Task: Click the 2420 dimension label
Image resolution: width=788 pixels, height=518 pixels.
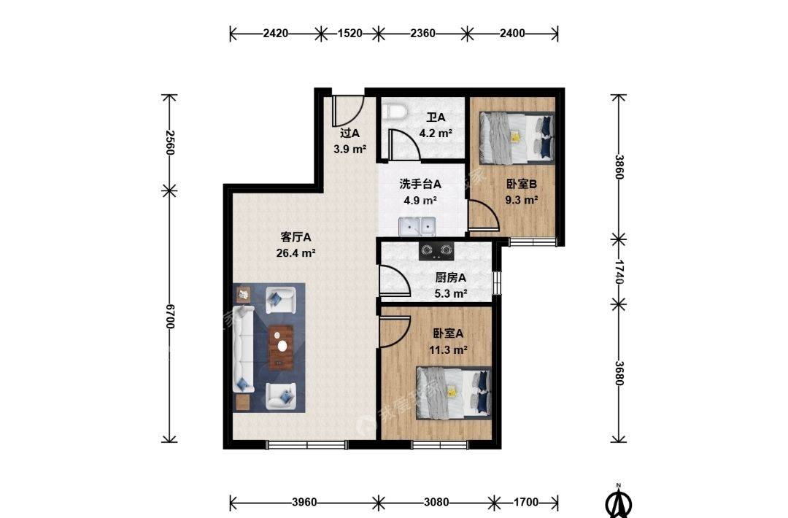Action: [x=275, y=34]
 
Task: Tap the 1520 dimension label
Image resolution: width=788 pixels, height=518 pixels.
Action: [x=349, y=34]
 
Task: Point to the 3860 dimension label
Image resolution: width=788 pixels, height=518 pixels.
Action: [x=619, y=167]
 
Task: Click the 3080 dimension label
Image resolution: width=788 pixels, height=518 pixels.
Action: [x=436, y=502]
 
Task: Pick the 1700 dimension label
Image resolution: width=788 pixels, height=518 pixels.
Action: [x=526, y=502]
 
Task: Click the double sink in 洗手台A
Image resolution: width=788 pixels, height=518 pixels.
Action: [x=417, y=227]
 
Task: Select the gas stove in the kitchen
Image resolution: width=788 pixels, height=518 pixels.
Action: [x=436, y=251]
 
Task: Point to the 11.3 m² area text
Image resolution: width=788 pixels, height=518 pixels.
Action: [x=448, y=349]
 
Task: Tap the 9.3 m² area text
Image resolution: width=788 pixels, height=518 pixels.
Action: [x=522, y=200]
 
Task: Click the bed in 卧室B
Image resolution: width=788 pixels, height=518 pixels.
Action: [x=517, y=138]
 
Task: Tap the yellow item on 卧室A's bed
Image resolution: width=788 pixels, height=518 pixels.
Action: [x=452, y=391]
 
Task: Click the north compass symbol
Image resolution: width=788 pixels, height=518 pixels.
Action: [x=619, y=501]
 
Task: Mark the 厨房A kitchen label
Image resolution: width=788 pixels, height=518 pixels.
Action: [x=450, y=277]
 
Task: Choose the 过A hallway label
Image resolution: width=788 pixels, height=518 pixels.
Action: [x=349, y=133]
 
